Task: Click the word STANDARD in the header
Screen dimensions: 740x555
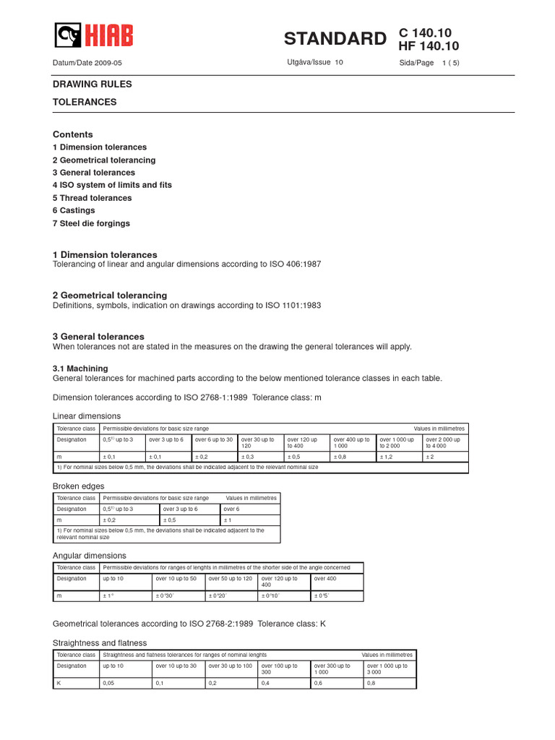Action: pyautogui.click(x=335, y=39)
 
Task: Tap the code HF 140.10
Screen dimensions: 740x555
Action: pyautogui.click(x=429, y=47)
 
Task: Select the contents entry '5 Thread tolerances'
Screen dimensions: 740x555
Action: pyautogui.click(x=92, y=198)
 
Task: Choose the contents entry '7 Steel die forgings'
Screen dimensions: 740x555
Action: pyautogui.click(x=91, y=223)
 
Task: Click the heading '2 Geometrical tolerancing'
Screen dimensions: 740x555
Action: pyautogui.click(x=110, y=295)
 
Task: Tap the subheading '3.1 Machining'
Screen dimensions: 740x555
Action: pyautogui.click(x=80, y=369)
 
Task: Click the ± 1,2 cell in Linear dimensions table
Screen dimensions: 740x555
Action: pyautogui.click(x=387, y=457)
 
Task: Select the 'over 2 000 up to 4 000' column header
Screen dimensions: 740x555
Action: pyautogui.click(x=443, y=442)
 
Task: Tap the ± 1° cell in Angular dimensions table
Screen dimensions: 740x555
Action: pyautogui.click(x=109, y=595)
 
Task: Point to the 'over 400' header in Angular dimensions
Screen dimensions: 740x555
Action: pyautogui.click(x=325, y=579)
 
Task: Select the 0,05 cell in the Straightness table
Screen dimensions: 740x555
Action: pyautogui.click(x=109, y=681)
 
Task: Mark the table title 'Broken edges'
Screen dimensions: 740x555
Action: pyautogui.click(x=79, y=486)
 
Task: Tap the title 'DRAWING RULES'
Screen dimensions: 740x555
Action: pyautogui.click(x=92, y=85)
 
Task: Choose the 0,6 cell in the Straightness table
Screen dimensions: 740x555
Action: pyautogui.click(x=318, y=681)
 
